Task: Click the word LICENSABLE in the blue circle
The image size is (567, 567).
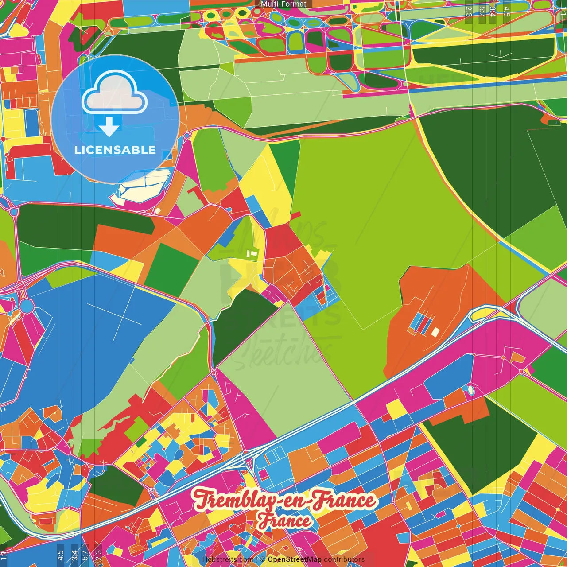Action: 115,150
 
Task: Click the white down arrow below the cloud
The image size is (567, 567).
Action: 109,128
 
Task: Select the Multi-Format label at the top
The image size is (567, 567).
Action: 283,4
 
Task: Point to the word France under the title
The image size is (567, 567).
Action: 285,521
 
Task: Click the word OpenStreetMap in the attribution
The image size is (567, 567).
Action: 294,559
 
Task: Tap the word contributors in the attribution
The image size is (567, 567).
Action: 344,559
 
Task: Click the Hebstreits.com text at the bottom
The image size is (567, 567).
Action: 228,559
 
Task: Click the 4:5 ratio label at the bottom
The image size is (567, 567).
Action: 60,555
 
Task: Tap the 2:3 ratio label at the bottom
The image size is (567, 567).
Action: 98,555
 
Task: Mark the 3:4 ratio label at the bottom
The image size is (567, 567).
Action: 74,555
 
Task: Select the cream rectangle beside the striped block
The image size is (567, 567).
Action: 435,332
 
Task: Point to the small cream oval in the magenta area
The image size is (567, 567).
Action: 470,390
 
